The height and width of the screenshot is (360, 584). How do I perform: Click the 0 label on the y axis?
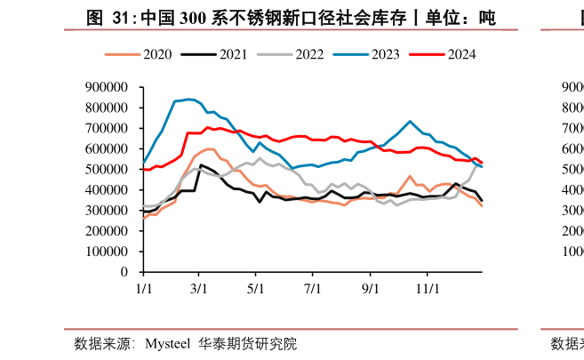(124, 272)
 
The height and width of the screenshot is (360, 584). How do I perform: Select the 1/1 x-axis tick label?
(144, 289)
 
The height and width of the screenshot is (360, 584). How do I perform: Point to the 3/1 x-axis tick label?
(199, 289)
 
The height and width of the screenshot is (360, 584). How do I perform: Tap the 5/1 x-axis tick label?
(256, 289)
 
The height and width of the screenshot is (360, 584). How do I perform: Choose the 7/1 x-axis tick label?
(313, 289)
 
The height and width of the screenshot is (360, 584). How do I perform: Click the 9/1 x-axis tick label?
(371, 289)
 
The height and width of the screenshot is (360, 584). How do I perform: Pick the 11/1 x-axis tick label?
(429, 289)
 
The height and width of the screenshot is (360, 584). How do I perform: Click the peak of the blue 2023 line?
(188, 99)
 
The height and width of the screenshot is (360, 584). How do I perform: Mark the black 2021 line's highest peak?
(202, 164)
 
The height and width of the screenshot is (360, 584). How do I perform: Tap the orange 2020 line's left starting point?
(144, 219)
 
